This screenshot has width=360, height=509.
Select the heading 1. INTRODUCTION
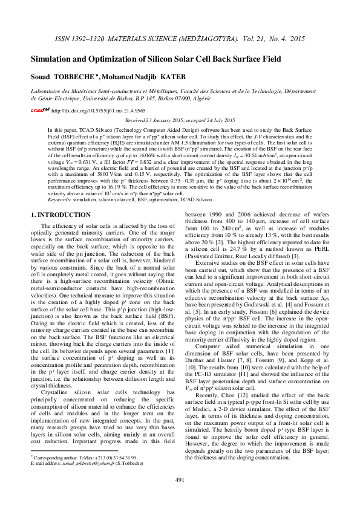pos(61,215)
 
